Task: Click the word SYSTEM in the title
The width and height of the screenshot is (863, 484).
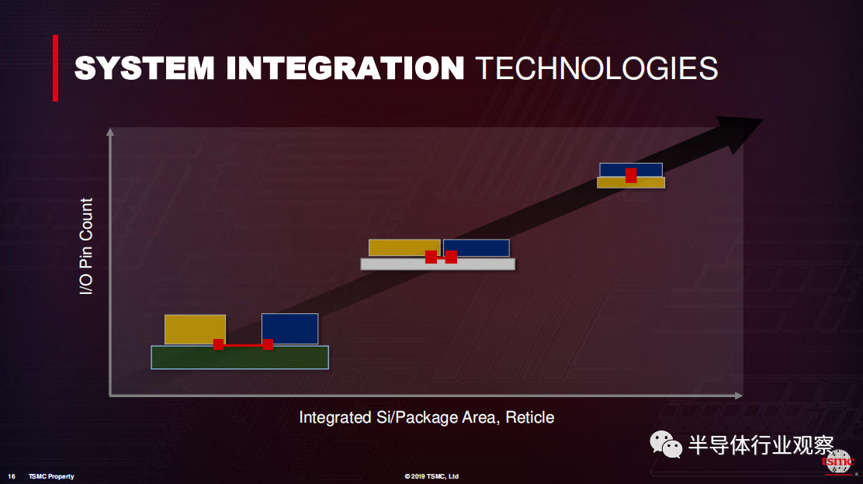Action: click(x=144, y=68)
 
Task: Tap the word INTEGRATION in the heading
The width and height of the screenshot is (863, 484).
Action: click(x=345, y=68)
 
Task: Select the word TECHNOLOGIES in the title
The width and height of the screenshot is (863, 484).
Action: click(x=597, y=68)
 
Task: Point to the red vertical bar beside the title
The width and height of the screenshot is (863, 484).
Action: click(x=56, y=68)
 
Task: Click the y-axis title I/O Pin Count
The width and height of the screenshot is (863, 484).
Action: click(x=86, y=246)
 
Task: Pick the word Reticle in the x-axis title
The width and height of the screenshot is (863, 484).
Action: click(x=529, y=417)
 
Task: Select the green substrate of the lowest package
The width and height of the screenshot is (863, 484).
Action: click(x=240, y=358)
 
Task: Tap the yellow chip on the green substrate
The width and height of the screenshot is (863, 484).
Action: click(x=195, y=330)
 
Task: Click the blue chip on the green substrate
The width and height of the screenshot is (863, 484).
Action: click(x=290, y=329)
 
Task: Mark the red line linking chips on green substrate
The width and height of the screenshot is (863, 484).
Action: click(x=243, y=345)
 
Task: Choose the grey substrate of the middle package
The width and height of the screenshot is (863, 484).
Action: click(x=438, y=264)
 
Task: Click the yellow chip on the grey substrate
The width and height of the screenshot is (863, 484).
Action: click(x=404, y=247)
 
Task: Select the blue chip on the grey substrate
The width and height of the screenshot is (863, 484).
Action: click(x=477, y=247)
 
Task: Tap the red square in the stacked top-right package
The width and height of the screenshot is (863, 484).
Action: click(x=631, y=175)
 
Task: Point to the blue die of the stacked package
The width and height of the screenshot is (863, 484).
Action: click(x=631, y=170)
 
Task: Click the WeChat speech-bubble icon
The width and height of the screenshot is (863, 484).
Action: click(x=666, y=444)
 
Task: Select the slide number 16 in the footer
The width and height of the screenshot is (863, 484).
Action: click(x=12, y=476)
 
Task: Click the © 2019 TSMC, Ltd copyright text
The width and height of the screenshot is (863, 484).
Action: click(x=431, y=476)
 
